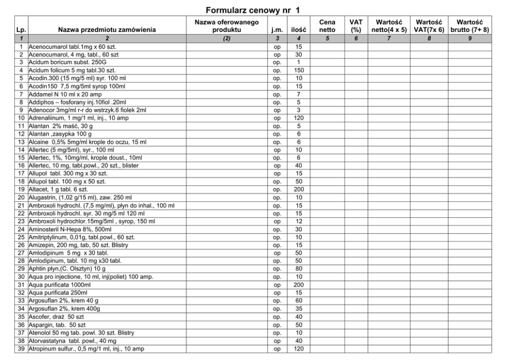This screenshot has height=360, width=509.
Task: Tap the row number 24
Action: [22, 230]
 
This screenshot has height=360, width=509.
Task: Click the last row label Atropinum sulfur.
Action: [82, 349]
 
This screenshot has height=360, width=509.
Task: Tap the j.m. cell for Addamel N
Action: [277, 94]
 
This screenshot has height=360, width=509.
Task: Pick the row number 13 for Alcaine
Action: [22, 142]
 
